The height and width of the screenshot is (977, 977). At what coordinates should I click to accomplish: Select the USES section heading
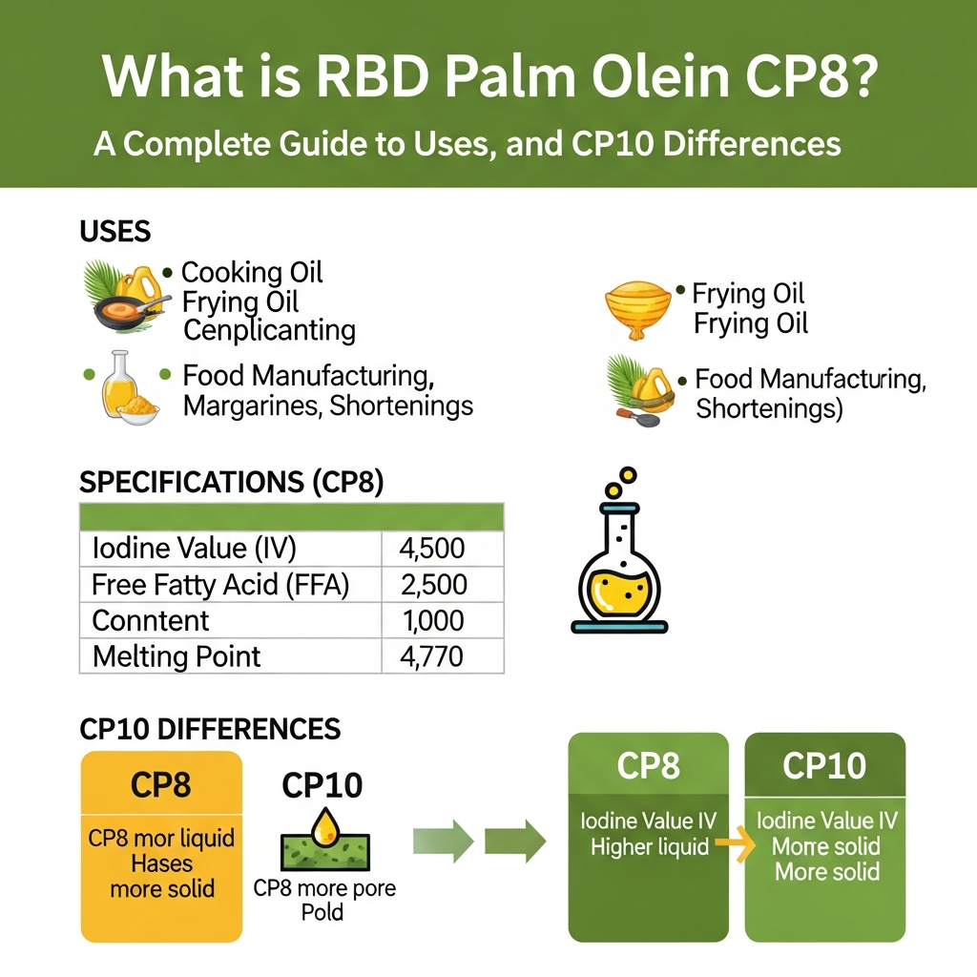point(114,231)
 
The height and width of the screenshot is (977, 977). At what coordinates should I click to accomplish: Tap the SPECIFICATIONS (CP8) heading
point(231,483)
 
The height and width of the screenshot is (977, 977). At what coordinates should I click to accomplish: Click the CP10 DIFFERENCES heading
point(210,730)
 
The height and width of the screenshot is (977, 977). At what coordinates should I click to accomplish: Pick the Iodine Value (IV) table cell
point(195,548)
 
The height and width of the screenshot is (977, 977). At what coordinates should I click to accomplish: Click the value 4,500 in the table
point(434,548)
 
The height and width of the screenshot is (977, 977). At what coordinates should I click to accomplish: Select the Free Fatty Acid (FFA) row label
point(220,584)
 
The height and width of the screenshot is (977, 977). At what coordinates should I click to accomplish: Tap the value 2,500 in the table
point(434,584)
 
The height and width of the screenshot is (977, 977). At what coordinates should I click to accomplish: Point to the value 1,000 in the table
point(434,620)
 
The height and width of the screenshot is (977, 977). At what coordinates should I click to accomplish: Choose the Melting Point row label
point(177,656)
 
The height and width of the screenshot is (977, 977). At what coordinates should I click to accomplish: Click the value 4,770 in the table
point(434,656)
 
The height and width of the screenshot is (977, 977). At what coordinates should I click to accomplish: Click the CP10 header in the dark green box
point(823,765)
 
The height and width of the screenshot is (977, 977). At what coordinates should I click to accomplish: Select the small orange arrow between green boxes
point(732,842)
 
